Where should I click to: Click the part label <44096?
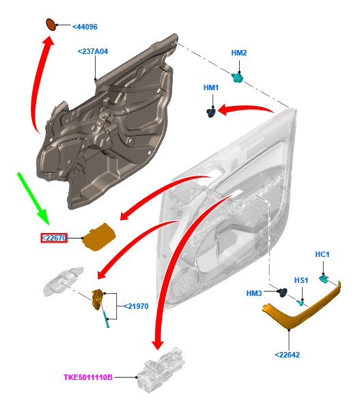[85, 27]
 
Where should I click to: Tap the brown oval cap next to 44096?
[51, 25]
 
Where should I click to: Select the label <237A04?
[93, 51]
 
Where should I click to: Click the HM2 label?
[239, 53]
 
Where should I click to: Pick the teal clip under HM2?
[238, 77]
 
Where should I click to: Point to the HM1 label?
[210, 87]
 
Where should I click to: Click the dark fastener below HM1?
[211, 113]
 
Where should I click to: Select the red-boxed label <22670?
[54, 238]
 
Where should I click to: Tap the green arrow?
[33, 198]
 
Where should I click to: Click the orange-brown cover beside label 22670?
[99, 237]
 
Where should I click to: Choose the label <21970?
[136, 306]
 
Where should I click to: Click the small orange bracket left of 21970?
[97, 299]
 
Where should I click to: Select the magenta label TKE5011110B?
[88, 377]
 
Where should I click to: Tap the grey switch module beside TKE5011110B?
[161, 370]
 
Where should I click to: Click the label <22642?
[287, 355]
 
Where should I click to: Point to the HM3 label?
[254, 293]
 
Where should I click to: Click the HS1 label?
[301, 280]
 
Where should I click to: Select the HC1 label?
[322, 254]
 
